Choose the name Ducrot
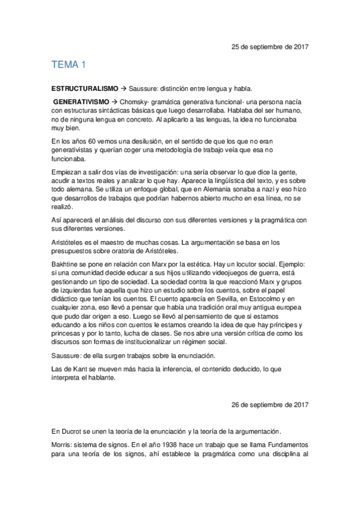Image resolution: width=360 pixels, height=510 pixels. pos(75,431)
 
